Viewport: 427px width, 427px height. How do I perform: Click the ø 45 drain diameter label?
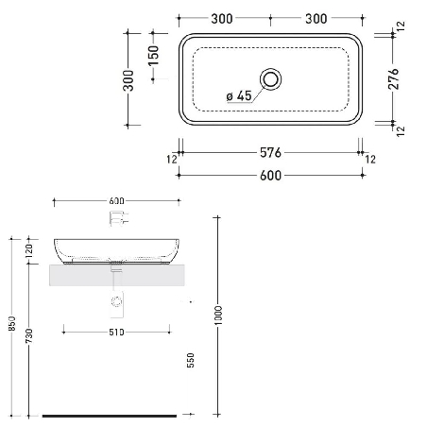coord(238,94)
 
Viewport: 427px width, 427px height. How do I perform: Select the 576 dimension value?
coord(270,152)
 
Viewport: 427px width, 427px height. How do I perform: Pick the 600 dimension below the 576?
coord(270,175)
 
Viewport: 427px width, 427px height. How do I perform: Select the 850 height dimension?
coord(10,322)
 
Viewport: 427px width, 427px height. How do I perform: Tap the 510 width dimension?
coord(117,331)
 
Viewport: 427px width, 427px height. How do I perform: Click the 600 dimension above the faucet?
coord(117,200)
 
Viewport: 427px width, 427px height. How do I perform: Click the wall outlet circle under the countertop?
coord(117,302)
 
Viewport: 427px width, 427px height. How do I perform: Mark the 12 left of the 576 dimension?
coord(173,159)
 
